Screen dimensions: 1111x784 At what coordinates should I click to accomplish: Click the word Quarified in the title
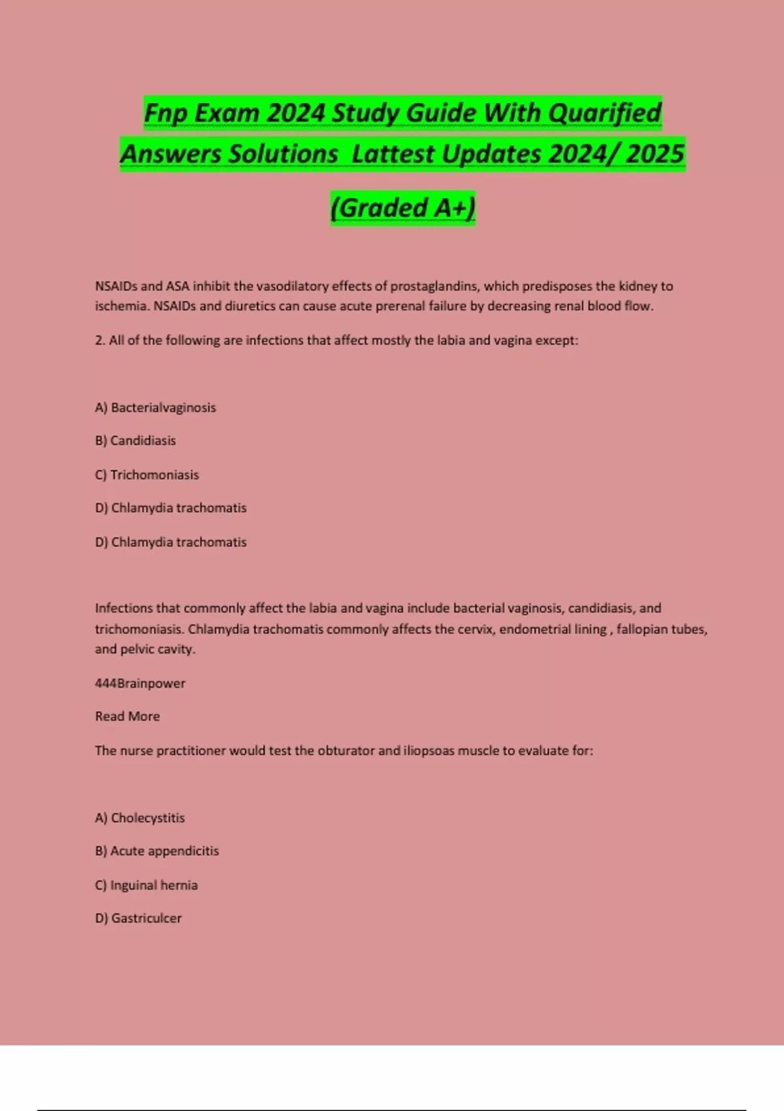coord(604,113)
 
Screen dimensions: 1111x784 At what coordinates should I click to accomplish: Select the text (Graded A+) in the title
coord(402,208)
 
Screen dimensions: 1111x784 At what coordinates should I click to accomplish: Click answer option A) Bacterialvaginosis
coord(155,408)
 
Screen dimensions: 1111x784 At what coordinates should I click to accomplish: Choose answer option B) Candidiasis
coord(135,440)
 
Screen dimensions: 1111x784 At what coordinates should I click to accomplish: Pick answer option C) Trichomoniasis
coord(147,475)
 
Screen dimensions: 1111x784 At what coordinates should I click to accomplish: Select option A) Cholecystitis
coord(140,818)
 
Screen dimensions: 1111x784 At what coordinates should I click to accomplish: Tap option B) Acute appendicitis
coord(157,851)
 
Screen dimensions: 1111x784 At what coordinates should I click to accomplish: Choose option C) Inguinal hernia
coord(146,886)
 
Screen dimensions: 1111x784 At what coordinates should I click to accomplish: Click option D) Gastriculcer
coord(139,918)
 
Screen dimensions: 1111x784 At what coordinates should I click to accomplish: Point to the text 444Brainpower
coord(140,684)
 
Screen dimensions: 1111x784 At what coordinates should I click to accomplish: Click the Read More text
coord(127,716)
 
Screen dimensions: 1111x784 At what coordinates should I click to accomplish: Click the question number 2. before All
coord(100,340)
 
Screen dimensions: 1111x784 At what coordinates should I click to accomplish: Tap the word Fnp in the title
coord(166,113)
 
